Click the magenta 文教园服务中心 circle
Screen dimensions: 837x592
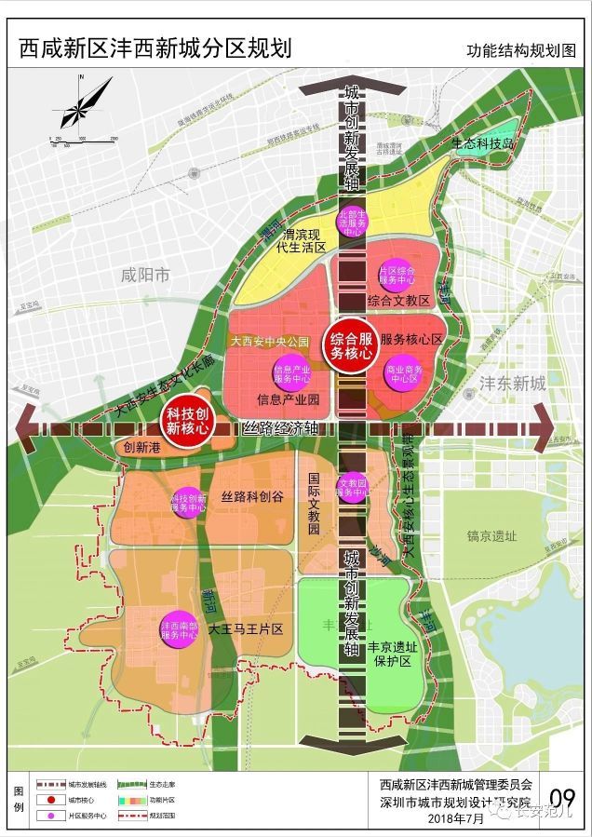(353, 486)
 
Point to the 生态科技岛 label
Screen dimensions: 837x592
(483, 143)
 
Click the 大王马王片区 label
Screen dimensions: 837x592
(246, 629)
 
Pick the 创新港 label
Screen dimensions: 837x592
(142, 447)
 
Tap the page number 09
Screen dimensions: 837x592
(562, 799)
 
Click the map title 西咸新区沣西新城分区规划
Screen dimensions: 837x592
(155, 48)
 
